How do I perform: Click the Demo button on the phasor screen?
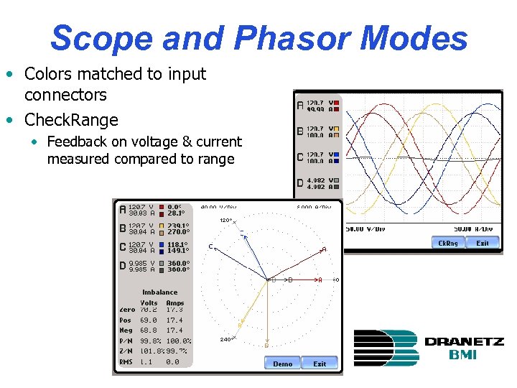pyautogui.click(x=282, y=364)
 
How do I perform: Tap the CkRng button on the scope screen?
pyautogui.click(x=448, y=244)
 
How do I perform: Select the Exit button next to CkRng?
pyautogui.click(x=483, y=244)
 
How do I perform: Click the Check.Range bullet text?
pyautogui.click(x=71, y=119)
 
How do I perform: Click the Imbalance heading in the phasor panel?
pyautogui.click(x=159, y=292)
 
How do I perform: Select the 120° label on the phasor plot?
pyautogui.click(x=225, y=221)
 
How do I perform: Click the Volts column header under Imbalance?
pyautogui.click(x=149, y=303)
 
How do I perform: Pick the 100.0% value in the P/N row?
pyautogui.click(x=179, y=341)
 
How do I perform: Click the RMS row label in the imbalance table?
pyautogui.click(x=126, y=362)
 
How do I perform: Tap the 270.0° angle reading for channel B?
pyautogui.click(x=178, y=233)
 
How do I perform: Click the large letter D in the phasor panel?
pyautogui.click(x=123, y=267)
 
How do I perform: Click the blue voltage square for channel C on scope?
pyautogui.click(x=335, y=154)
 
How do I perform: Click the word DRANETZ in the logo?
pyautogui.click(x=463, y=342)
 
